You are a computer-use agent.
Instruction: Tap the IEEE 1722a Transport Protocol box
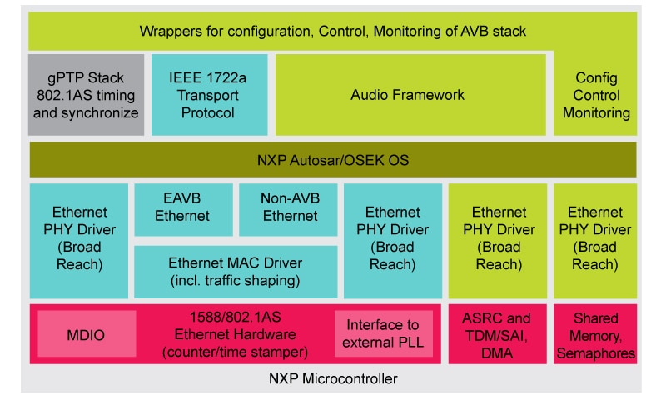[209, 94]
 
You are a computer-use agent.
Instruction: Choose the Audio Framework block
[407, 94]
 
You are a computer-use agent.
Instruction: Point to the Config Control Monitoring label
[595, 94]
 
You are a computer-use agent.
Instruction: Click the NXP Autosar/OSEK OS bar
[333, 158]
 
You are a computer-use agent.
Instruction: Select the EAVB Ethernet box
[183, 207]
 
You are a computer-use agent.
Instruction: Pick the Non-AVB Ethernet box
[290, 207]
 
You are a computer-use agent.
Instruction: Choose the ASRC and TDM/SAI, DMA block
[496, 335]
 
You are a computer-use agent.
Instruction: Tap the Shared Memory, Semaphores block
[595, 335]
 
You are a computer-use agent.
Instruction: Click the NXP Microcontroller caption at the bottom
[333, 379]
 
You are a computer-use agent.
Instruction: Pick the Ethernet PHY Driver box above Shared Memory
[595, 238]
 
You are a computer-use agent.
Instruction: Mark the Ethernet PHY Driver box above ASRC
[496, 238]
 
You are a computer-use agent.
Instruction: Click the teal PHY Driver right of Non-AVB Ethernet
[392, 238]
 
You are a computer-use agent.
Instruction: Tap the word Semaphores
[595, 353]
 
